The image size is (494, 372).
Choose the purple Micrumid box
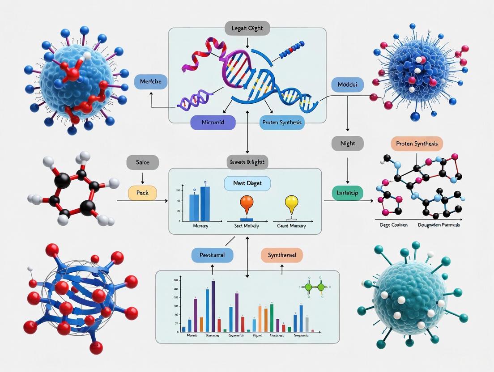click(x=213, y=123)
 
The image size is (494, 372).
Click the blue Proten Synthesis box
click(x=282, y=123)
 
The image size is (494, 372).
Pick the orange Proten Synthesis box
click(x=417, y=144)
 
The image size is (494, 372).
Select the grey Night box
click(x=347, y=144)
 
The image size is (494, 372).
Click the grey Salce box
click(x=143, y=163)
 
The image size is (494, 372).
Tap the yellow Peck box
click(x=143, y=193)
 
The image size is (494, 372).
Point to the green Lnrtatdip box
click(x=347, y=193)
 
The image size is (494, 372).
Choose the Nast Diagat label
click(x=247, y=183)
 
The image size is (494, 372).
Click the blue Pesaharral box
click(x=212, y=255)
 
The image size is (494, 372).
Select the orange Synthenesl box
click(x=281, y=255)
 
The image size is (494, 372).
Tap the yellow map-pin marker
click(x=291, y=203)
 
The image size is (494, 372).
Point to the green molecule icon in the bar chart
click(x=315, y=288)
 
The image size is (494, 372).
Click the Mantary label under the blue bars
click(x=200, y=226)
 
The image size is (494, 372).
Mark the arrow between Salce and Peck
click(x=143, y=178)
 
